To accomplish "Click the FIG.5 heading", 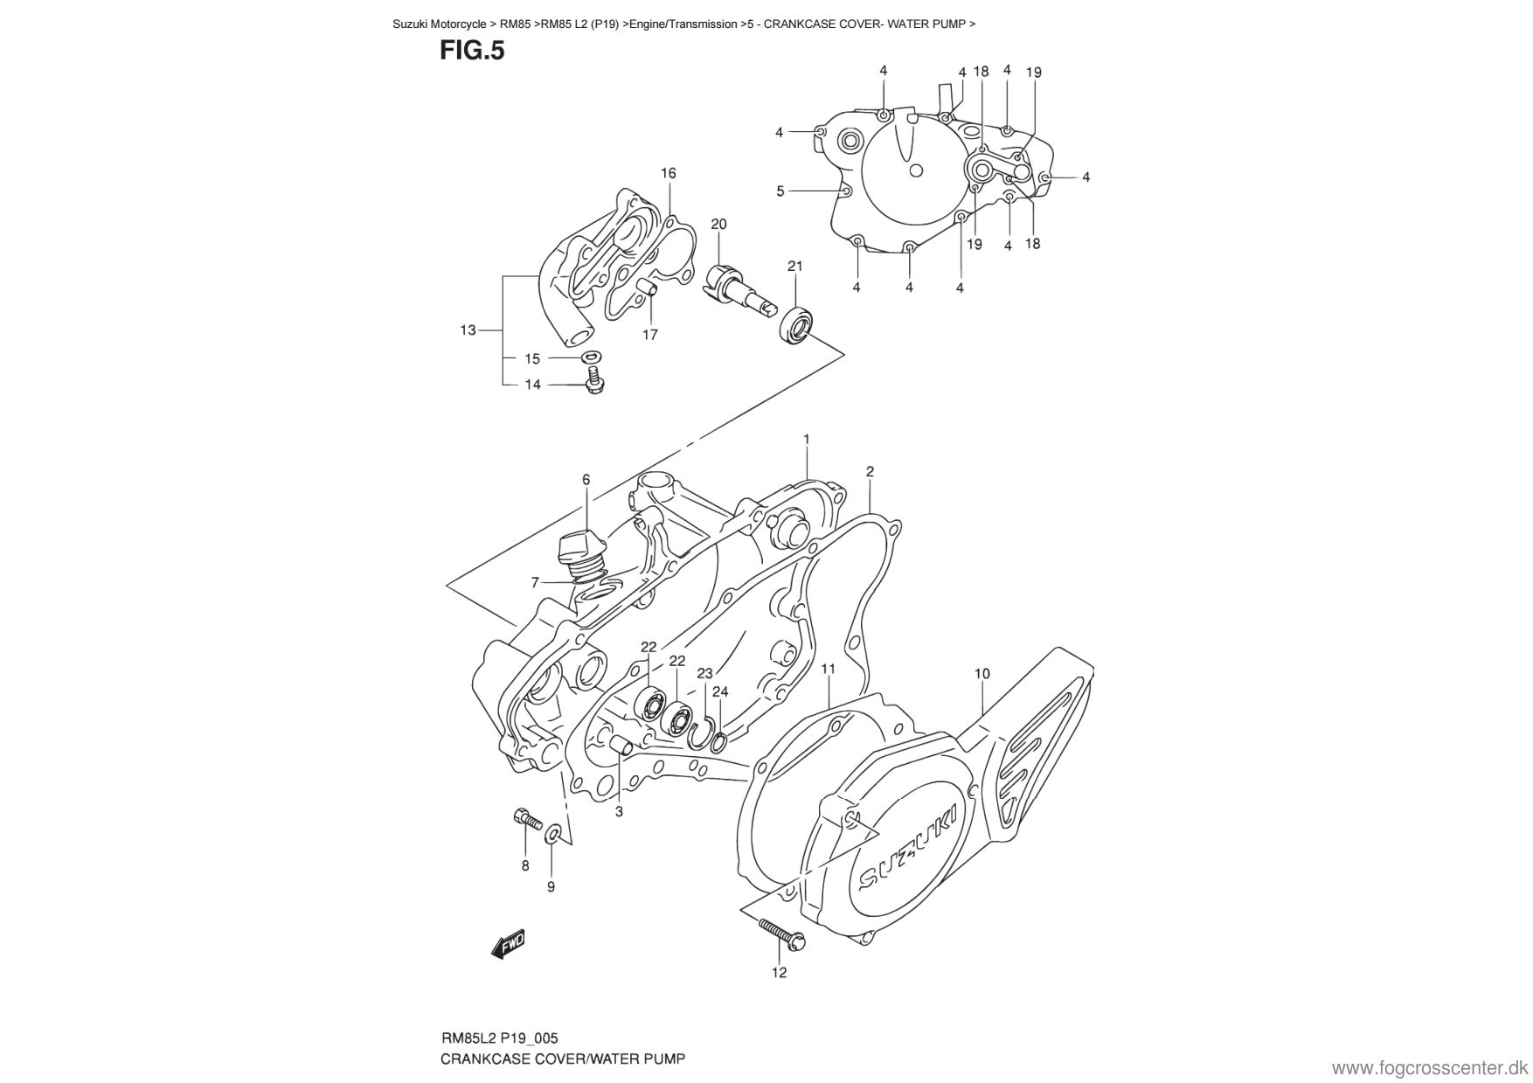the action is (x=472, y=51).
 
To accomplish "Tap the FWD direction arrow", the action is (x=507, y=942).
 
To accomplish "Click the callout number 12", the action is (x=779, y=972).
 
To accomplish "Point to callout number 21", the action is (x=794, y=266).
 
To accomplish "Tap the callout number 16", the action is (x=668, y=173).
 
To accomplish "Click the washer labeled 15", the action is (x=592, y=358).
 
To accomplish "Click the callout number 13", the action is (x=468, y=330).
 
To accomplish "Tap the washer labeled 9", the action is (x=553, y=833).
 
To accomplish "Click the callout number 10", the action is (x=982, y=673).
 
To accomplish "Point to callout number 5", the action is (x=780, y=191).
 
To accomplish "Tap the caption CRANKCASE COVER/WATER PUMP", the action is (x=562, y=1059).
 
